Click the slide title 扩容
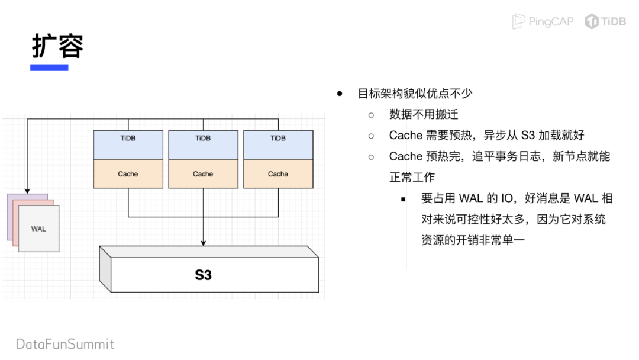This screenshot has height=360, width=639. coord(57,46)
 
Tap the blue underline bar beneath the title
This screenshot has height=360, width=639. coord(49,67)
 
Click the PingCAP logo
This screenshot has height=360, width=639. coord(543,22)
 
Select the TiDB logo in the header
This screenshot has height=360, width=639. coord(605,22)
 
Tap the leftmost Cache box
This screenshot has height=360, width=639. coord(128,174)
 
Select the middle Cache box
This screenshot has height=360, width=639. coord(203,174)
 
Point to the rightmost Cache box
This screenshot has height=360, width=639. coord(278,174)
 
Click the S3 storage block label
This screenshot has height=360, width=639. coord(203,275)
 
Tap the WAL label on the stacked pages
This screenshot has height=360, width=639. coord(38,229)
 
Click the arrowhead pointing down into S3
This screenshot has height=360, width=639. coord(203,242)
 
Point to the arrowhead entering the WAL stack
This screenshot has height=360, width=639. coord(27,190)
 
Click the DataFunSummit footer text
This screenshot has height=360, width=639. coord(65,344)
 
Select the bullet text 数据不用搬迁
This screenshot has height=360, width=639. coord(424,114)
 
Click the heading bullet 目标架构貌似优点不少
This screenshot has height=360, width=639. coord(415,94)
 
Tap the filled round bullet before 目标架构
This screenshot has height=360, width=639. coord(340,94)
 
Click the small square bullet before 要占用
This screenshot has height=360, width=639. coord(404,200)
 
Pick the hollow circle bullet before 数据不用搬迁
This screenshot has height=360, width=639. coord(372,114)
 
